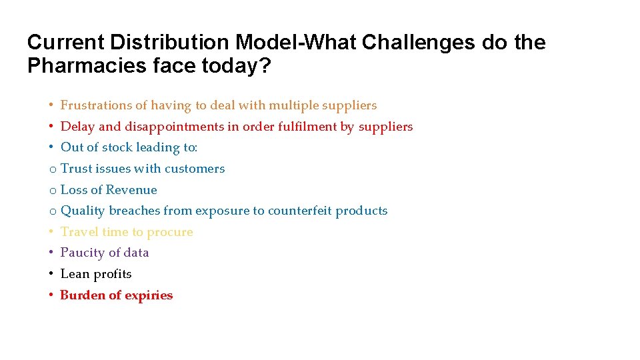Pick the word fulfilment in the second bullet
tap(309, 127)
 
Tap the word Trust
tap(75, 169)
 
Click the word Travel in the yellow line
tap(78, 232)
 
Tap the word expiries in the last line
tap(148, 295)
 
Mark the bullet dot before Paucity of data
tap(51, 253)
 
